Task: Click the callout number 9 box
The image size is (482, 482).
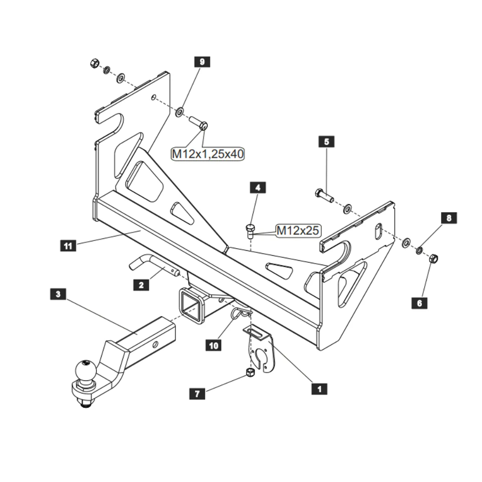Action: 202,62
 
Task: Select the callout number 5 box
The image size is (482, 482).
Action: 326,142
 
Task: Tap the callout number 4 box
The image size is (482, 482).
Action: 258,187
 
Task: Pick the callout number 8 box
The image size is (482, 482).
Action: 449,218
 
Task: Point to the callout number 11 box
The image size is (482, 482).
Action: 68,246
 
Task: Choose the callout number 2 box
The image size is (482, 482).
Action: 141,285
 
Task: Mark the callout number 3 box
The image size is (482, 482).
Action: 58,294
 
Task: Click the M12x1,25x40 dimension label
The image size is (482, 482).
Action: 208,154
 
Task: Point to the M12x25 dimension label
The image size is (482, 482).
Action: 298,230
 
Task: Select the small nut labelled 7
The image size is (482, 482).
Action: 250,372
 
